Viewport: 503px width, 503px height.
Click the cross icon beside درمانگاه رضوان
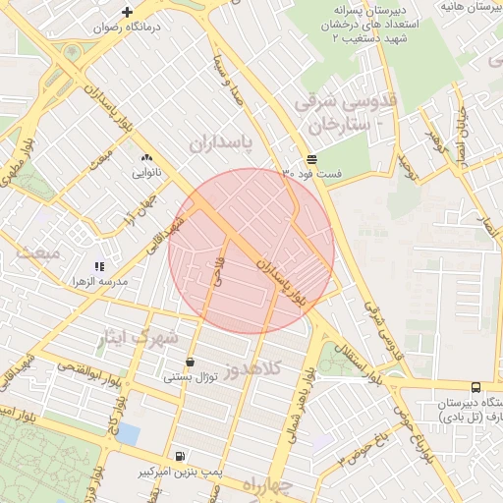point(127,12)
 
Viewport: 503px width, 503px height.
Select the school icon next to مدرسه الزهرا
point(98,265)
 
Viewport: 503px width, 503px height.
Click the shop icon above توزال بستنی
point(189,362)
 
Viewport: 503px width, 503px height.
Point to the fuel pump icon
point(180,456)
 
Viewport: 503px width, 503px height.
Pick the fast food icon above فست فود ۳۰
point(311,158)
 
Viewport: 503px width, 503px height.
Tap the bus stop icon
point(475,387)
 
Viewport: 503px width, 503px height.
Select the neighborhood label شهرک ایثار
point(138,339)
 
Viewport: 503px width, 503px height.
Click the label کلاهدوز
point(252,369)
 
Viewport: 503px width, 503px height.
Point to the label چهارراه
point(267,484)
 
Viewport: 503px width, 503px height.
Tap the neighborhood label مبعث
point(37,252)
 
